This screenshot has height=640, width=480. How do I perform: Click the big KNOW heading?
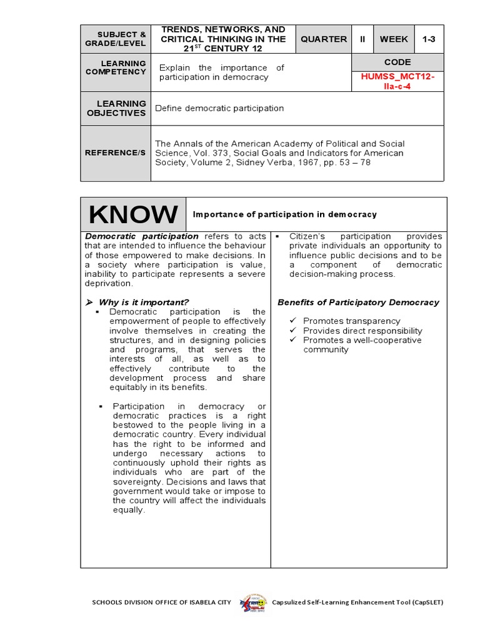(x=132, y=214)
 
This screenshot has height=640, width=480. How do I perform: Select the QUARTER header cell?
(x=323, y=39)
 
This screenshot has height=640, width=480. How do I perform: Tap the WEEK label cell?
(x=394, y=39)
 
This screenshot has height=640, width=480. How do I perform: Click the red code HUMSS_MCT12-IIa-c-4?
(x=397, y=81)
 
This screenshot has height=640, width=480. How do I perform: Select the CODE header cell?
(x=397, y=62)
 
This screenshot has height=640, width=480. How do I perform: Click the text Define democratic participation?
(x=219, y=108)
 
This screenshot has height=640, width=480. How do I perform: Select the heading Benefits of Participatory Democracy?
(x=358, y=302)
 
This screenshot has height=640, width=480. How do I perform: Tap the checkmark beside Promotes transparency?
(x=293, y=321)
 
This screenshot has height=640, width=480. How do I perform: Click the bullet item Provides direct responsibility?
(x=362, y=331)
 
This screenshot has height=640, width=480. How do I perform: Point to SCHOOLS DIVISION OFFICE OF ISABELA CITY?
(x=161, y=602)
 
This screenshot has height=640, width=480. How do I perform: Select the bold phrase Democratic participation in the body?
(x=141, y=236)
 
